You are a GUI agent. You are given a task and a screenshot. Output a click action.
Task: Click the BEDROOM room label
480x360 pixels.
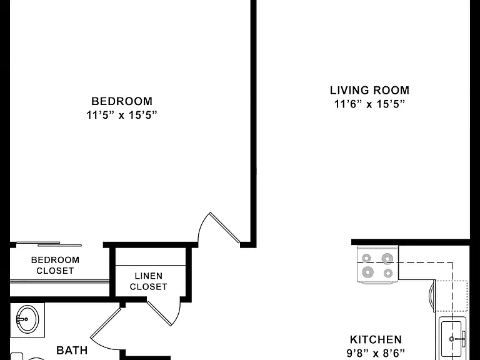(x=122, y=101)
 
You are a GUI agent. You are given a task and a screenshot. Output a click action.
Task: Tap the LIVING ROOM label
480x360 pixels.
(x=369, y=90)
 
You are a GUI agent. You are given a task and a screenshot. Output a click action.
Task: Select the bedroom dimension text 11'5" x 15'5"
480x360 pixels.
(x=122, y=115)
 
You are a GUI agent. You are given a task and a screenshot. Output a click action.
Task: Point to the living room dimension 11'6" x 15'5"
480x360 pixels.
(x=369, y=104)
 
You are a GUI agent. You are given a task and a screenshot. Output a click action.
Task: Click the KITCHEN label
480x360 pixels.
(x=376, y=339)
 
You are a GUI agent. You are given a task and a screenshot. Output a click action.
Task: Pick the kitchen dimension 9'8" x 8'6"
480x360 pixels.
(x=376, y=353)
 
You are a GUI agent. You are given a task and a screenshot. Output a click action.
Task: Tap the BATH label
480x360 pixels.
(x=72, y=350)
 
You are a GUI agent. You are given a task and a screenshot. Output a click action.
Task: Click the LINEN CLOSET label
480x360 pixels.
(x=149, y=281)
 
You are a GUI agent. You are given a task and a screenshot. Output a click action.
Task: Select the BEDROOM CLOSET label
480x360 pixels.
(x=55, y=266)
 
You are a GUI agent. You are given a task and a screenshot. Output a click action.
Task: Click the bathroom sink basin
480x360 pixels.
(x=27, y=319)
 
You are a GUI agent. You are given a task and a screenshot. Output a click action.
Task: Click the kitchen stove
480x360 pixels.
(x=377, y=265)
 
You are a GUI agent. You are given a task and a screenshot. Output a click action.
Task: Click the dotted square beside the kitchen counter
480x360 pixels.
(x=451, y=296)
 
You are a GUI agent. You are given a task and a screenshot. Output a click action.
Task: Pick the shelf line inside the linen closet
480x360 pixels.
(x=150, y=266)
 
